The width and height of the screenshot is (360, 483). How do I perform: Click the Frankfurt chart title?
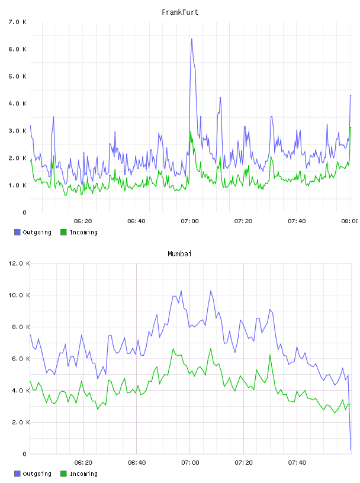180,12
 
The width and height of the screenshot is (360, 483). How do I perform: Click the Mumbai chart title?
179,254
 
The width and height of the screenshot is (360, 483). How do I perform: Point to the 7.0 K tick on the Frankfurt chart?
18,22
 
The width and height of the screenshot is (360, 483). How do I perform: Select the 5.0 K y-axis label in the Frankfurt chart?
18,76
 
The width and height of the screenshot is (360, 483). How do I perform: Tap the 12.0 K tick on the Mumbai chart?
19,263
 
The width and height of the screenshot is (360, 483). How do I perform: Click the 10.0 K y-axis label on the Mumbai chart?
19,295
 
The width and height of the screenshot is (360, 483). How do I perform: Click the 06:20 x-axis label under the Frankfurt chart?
83,221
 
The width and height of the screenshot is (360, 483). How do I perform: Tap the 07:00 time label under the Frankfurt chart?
190,221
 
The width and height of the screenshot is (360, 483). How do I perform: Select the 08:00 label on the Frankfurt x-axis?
350,221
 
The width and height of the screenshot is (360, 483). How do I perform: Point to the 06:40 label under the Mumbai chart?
137,463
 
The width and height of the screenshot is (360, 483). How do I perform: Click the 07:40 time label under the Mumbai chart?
297,463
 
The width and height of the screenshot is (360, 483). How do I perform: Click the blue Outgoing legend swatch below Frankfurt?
17,232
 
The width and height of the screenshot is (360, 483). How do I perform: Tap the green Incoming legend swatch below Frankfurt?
63,232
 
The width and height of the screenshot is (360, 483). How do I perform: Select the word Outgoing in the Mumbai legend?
37,474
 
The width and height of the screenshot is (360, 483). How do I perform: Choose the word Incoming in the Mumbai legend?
83,474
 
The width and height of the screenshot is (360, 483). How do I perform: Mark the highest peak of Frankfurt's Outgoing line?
191,39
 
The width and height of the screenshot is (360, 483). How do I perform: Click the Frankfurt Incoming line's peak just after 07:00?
191,132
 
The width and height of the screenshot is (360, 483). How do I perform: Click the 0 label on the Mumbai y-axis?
25,454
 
